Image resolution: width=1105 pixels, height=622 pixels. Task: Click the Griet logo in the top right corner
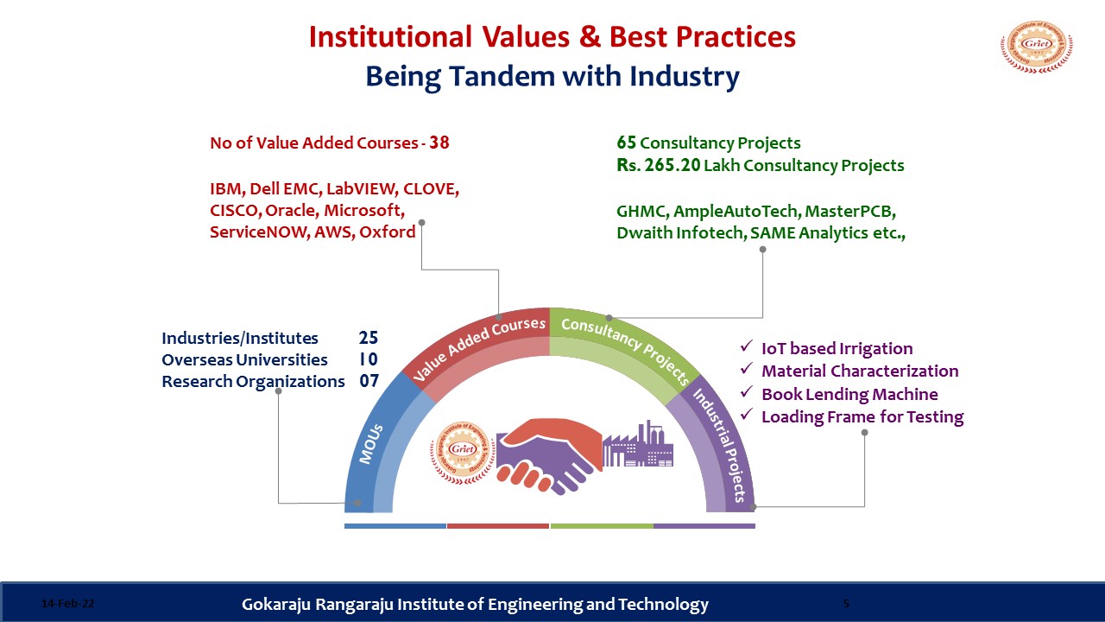(1037, 47)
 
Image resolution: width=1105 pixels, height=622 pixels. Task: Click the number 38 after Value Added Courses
(439, 143)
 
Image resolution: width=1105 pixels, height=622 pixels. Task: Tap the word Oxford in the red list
(388, 232)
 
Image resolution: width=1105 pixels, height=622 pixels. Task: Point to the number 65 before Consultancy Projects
(626, 143)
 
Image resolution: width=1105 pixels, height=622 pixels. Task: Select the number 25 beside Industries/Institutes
(369, 338)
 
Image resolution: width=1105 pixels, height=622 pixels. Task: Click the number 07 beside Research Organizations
(369, 381)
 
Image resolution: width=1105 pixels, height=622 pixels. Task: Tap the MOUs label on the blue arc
(371, 444)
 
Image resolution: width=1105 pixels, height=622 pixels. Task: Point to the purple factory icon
(638, 444)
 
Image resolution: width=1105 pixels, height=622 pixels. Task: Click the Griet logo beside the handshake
(463, 453)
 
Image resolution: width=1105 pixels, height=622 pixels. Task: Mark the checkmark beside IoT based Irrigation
(747, 346)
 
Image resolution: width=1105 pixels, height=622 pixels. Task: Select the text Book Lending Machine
(849, 394)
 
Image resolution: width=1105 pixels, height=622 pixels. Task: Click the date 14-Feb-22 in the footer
(67, 603)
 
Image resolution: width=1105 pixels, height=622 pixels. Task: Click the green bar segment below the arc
(602, 526)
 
